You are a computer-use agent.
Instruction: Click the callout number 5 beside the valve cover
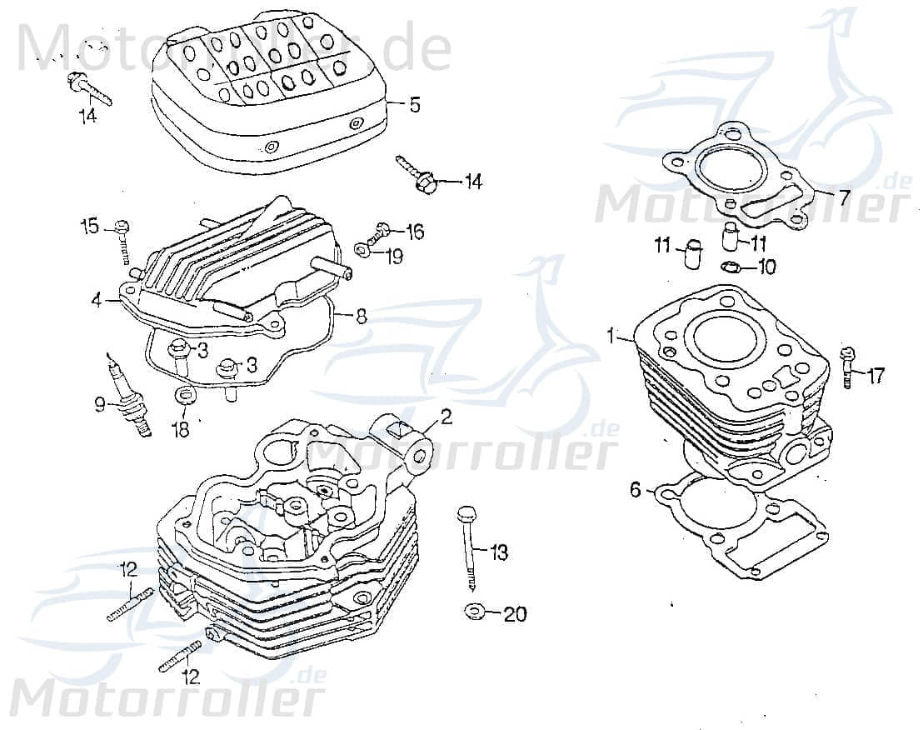[414, 105]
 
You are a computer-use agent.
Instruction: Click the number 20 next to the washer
[516, 614]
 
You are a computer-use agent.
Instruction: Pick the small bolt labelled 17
[849, 367]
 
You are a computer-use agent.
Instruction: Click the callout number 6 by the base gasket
[636, 491]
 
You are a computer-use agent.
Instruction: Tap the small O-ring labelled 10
[730, 267]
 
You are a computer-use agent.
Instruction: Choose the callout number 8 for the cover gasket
[361, 316]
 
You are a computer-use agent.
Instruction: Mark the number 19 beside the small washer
[393, 256]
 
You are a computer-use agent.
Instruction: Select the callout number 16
[414, 231]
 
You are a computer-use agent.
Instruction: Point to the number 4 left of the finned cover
[97, 299]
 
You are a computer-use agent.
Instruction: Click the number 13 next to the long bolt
[499, 552]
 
